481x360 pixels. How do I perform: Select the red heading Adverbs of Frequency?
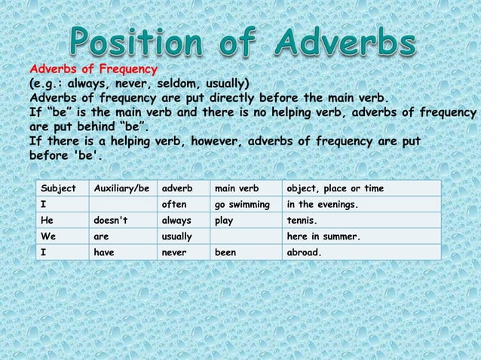(87, 70)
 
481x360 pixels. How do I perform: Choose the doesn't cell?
(110, 221)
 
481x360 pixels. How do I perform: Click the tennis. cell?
(303, 221)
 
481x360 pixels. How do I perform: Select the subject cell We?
(47, 238)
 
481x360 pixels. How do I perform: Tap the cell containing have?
(104, 254)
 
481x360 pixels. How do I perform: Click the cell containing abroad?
(305, 254)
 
